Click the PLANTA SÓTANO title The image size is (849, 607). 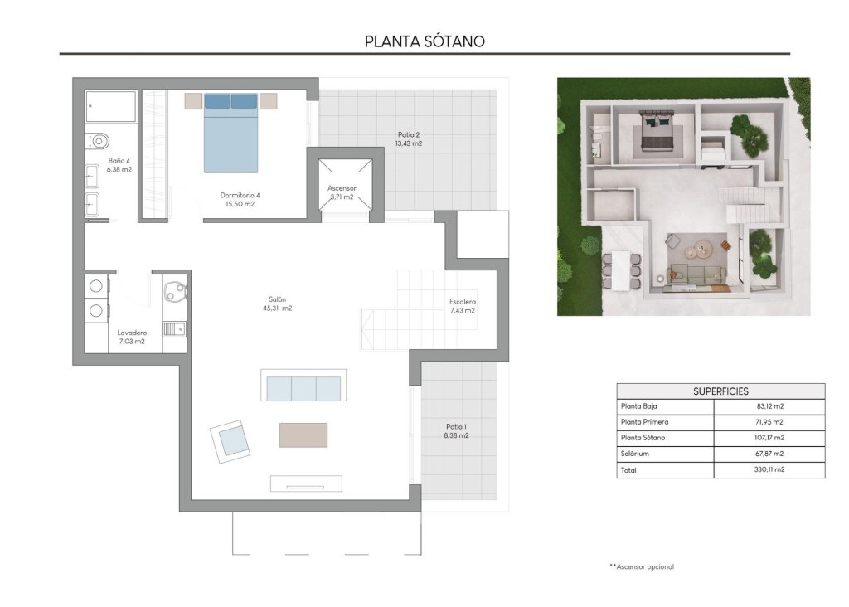[x=424, y=41]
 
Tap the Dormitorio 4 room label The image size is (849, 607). [x=240, y=196]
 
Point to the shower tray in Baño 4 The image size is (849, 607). [x=111, y=107]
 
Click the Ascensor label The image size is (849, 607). [x=341, y=187]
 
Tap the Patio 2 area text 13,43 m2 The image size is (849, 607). [x=409, y=143]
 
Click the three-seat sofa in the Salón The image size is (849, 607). [x=303, y=386]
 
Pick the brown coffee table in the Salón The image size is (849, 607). [x=303, y=435]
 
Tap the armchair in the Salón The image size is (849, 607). [x=230, y=439]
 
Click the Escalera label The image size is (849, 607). [x=462, y=302]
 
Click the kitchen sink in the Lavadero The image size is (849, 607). [x=173, y=329]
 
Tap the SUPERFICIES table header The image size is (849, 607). [x=720, y=391]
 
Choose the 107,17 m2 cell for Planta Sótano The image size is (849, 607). [x=768, y=438]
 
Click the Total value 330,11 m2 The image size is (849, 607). [x=768, y=469]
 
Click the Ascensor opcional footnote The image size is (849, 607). [x=641, y=566]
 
